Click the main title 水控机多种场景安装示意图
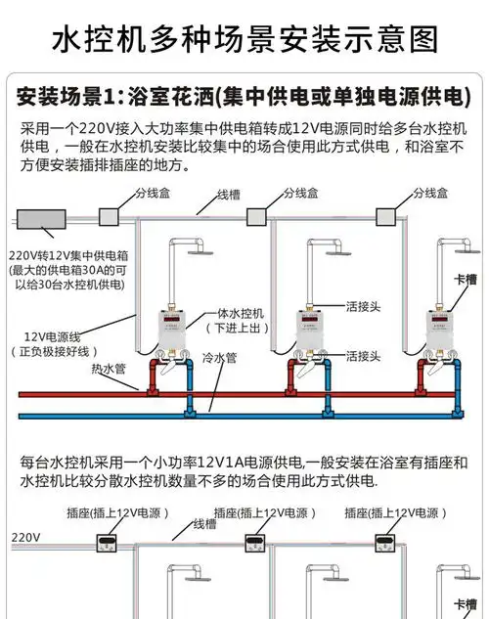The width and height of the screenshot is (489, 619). pyautogui.click(x=244, y=39)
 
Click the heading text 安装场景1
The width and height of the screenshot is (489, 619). pyautogui.click(x=67, y=98)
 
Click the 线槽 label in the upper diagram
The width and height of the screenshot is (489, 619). pyautogui.click(x=229, y=194)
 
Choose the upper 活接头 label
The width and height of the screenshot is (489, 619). pyautogui.click(x=364, y=305)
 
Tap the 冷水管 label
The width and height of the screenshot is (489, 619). pyautogui.click(x=219, y=358)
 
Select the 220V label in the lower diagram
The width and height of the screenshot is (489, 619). pyautogui.click(x=25, y=538)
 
